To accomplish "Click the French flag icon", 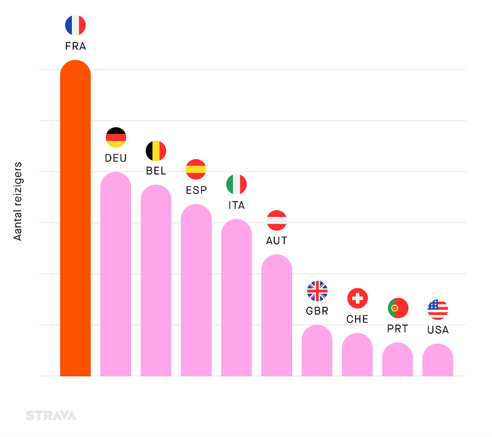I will pos(75,25).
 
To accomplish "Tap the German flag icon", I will pos(116,137).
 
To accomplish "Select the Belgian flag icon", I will pos(156,151).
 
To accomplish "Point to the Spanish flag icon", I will pos(196,169).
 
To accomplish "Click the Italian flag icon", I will pos(236,184).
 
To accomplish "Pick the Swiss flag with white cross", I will pos(357,299).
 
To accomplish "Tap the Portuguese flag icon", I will pos(398,308).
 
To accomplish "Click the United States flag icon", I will pos(438,309).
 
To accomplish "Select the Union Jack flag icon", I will pos(317,291).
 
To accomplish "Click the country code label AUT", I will pos(277,240).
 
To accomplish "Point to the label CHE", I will pos(357,319).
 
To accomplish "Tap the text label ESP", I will pos(196,190).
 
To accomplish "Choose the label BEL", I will pos(156,171).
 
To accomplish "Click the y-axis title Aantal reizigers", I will pos(18,201).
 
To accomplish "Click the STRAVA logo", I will pos(51,415).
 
